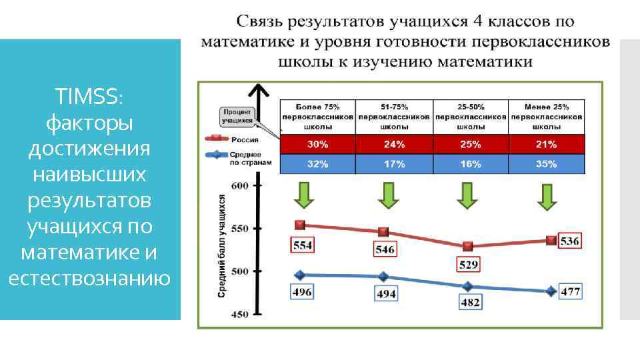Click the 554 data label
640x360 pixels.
click(302, 245)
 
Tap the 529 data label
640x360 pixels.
click(469, 265)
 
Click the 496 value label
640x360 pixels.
click(302, 291)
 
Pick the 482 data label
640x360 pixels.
click(471, 302)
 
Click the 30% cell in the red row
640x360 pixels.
click(317, 144)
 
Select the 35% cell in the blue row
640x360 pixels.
click(547, 163)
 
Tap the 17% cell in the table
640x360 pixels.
click(394, 163)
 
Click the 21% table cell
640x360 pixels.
click(547, 144)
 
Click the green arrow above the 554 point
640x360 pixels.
click(302, 195)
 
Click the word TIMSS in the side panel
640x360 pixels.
click(89, 97)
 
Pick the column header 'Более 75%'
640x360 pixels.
click(317, 106)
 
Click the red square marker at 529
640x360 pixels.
click(468, 246)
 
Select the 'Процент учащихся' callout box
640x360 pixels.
click(237, 117)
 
